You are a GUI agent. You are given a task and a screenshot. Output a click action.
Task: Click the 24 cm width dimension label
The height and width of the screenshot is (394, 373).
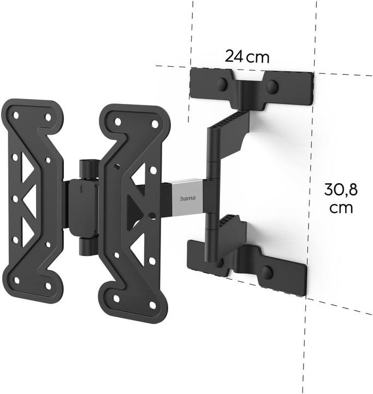[247, 56]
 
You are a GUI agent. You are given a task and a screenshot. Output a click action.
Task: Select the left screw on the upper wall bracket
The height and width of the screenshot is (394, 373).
[222, 85]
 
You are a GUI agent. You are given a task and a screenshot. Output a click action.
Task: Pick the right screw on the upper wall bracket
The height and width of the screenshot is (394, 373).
[271, 86]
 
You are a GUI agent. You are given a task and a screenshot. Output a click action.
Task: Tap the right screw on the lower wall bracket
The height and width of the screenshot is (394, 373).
[267, 272]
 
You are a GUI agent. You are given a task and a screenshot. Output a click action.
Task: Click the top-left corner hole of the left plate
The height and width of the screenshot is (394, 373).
[16, 115]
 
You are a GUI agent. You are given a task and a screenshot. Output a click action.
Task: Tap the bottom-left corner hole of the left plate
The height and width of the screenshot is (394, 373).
[16, 280]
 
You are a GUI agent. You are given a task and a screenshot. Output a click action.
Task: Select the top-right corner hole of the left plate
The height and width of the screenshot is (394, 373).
[48, 117]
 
